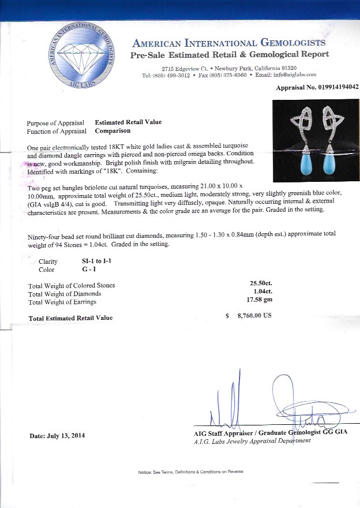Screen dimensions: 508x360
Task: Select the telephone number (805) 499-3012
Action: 172,75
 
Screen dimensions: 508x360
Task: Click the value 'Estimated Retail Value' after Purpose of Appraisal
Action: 128,122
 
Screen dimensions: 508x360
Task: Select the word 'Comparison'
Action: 112,131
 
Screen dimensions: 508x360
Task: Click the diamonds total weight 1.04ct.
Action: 263,292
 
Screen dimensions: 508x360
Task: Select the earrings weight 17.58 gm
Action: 259,301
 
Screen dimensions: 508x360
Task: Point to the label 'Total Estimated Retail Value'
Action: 70,318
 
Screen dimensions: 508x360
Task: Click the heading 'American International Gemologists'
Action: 229,43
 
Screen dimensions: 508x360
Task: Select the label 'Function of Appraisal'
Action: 55,131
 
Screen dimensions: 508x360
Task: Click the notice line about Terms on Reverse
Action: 190,472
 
